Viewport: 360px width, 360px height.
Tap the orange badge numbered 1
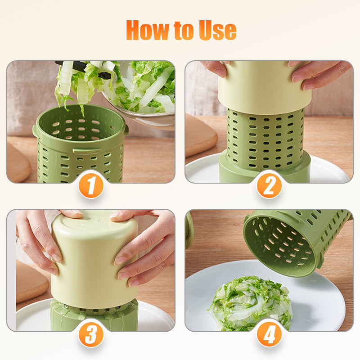(91, 185)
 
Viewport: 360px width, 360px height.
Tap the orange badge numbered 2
(269, 185)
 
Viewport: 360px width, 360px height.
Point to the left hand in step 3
(40, 238)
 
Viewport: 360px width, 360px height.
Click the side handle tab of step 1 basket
(35, 131)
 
